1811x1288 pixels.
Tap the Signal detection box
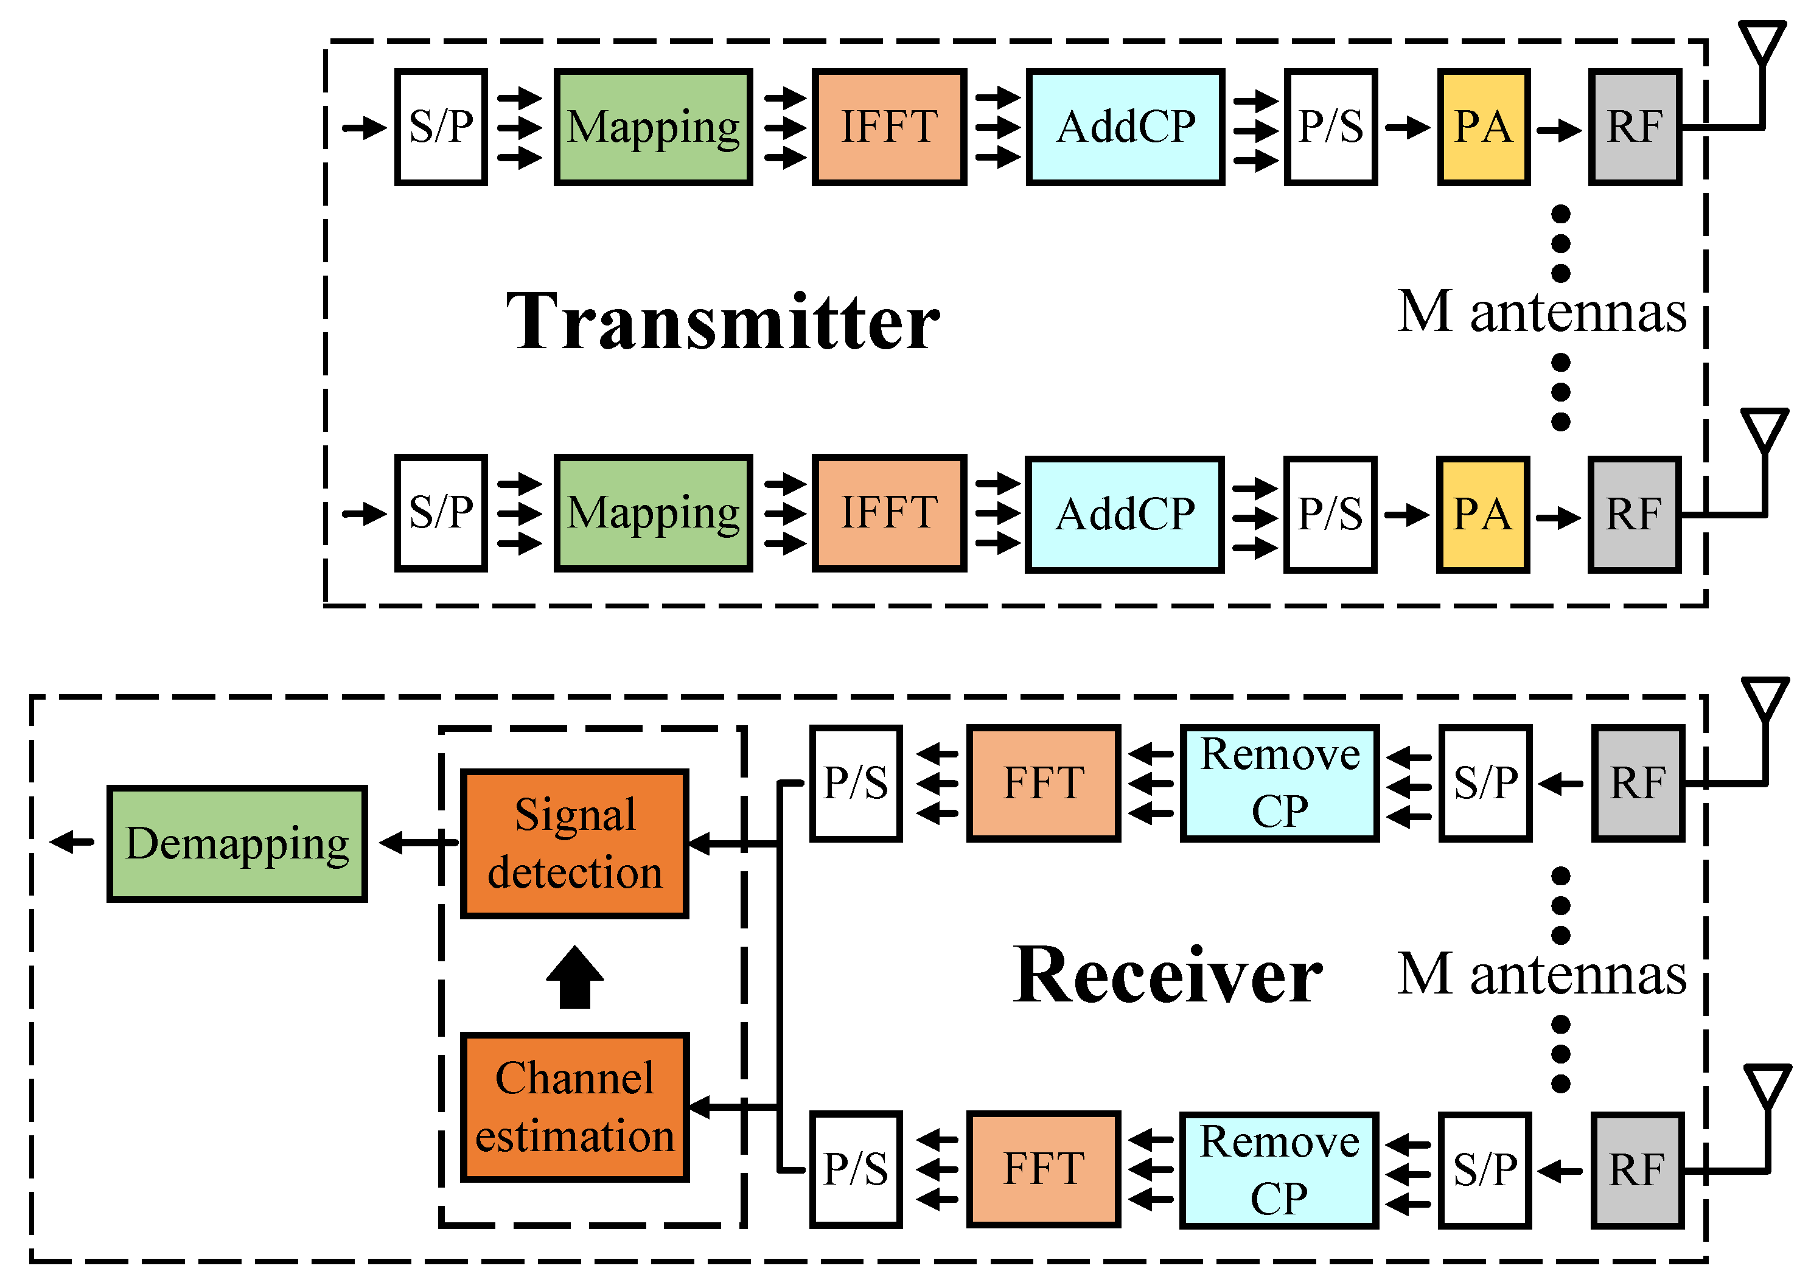coord(574,844)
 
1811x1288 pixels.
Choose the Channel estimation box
coord(574,1107)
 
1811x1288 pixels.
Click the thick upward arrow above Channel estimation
coord(574,977)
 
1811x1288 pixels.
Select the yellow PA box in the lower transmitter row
coord(1482,514)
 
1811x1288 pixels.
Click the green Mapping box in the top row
coord(652,127)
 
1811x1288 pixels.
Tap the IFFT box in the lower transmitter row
coord(888,513)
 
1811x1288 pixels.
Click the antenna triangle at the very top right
coord(1762,41)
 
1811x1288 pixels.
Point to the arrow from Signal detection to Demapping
coord(416,843)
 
